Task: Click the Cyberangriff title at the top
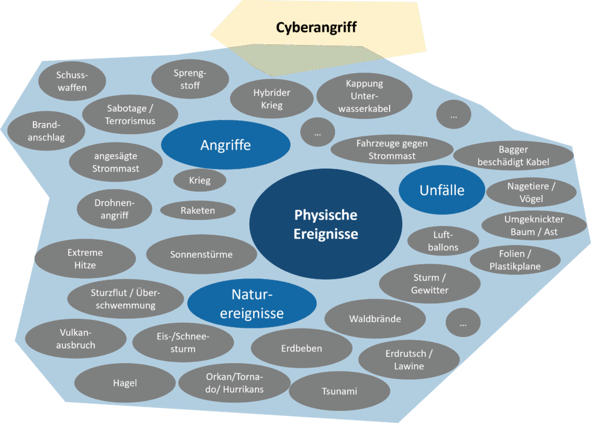316,27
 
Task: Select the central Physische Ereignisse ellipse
326,224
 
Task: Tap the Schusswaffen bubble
72,81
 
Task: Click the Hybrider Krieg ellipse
272,99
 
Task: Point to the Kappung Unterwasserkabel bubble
364,96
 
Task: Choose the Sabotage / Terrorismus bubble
130,114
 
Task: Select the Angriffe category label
226,145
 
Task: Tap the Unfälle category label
442,190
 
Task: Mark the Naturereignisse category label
252,304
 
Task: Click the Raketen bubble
197,210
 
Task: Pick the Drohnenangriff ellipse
114,209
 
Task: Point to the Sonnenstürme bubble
201,254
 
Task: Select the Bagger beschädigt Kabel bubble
513,156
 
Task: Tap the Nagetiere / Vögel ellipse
531,192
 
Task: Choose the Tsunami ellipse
339,391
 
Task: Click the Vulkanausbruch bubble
76,339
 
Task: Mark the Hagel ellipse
125,383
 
